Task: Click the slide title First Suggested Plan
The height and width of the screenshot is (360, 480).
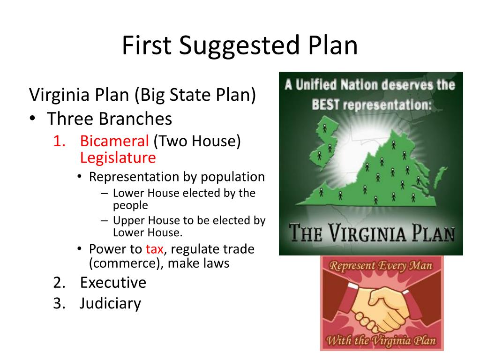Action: click(240, 46)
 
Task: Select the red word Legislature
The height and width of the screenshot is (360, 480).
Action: click(118, 157)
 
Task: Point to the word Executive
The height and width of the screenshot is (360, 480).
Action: click(113, 283)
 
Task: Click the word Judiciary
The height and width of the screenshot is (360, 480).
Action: click(110, 304)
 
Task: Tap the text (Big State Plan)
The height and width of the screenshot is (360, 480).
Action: click(195, 95)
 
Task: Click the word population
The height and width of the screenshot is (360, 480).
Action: click(233, 177)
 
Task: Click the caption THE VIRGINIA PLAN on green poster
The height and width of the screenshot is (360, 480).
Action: click(371, 232)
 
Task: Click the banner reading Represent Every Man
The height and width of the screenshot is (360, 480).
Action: click(381, 266)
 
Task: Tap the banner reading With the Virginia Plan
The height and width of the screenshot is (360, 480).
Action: click(381, 340)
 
